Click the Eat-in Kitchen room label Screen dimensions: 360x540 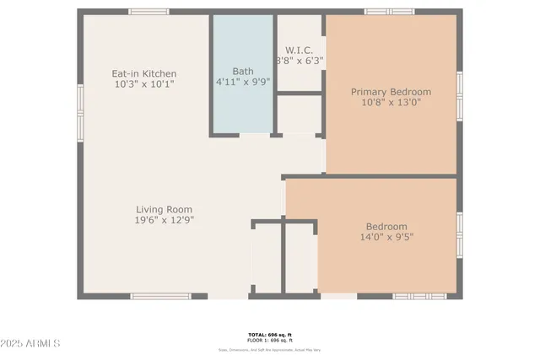click(145, 73)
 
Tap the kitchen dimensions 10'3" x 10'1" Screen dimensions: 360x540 click(145, 84)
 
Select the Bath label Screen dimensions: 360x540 click(243, 72)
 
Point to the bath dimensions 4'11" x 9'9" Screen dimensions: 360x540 click(243, 83)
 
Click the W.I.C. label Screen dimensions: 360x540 click(300, 48)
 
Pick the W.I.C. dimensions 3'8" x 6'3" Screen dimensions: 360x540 click(300, 60)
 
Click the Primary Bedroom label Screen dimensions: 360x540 click(391, 92)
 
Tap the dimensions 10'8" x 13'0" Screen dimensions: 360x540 click(391, 103)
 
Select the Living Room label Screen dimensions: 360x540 click(165, 210)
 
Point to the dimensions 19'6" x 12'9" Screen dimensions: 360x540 click(165, 221)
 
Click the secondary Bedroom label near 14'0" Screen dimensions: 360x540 click(386, 226)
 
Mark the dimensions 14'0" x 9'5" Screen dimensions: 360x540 click(386, 237)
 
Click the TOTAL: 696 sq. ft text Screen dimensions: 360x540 click(269, 334)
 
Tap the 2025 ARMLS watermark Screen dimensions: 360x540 click(31, 344)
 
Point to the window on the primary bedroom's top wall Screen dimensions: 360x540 click(389, 12)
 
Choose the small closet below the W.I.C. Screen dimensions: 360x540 click(300, 113)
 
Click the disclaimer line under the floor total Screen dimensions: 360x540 click(269, 349)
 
